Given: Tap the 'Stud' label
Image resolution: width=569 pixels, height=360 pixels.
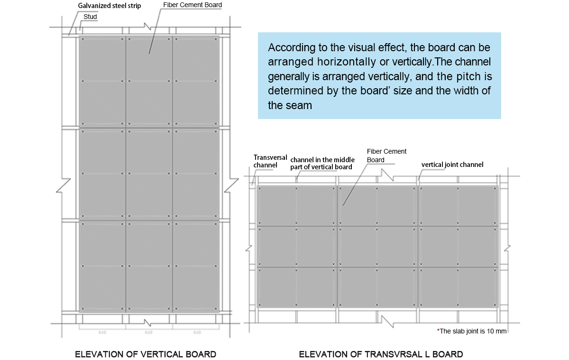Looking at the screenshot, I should (x=90, y=17).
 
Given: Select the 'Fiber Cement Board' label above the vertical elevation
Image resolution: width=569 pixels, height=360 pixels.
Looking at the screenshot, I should (x=192, y=5).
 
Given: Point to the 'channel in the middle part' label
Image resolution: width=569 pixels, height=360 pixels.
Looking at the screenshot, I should (x=322, y=163).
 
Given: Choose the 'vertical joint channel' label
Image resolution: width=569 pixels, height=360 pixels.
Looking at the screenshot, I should (x=452, y=165).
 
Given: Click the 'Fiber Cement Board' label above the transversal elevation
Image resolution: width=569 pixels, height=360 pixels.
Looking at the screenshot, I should (x=386, y=156).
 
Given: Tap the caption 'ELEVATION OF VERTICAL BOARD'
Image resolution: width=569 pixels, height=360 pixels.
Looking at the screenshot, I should (x=146, y=354).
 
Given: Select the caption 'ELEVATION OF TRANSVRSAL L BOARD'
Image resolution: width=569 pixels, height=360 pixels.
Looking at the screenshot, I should (x=381, y=354).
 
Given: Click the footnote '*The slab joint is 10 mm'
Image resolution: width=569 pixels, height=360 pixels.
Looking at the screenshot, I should (x=472, y=331).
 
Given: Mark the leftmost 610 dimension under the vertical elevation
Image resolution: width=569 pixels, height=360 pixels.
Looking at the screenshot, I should (x=102, y=332).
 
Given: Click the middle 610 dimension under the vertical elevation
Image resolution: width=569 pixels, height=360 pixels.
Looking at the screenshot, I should (x=148, y=332).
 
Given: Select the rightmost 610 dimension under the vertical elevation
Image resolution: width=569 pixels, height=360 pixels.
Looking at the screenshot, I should (x=197, y=332).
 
